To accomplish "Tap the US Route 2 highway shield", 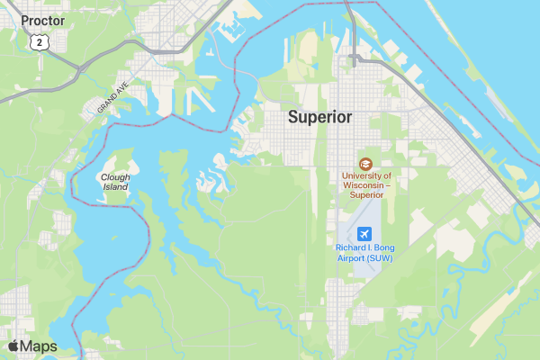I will click(38, 41).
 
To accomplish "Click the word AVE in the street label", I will click(123, 90).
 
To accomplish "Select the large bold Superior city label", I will click(319, 117).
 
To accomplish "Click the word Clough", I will click(115, 177).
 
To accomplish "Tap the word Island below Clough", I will click(115, 187).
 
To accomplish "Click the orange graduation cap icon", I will click(364, 164).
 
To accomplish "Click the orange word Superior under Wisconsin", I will click(366, 194).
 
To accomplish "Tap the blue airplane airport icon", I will click(364, 235).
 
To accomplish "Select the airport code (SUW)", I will click(380, 257).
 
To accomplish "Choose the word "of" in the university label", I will click(385, 176).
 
